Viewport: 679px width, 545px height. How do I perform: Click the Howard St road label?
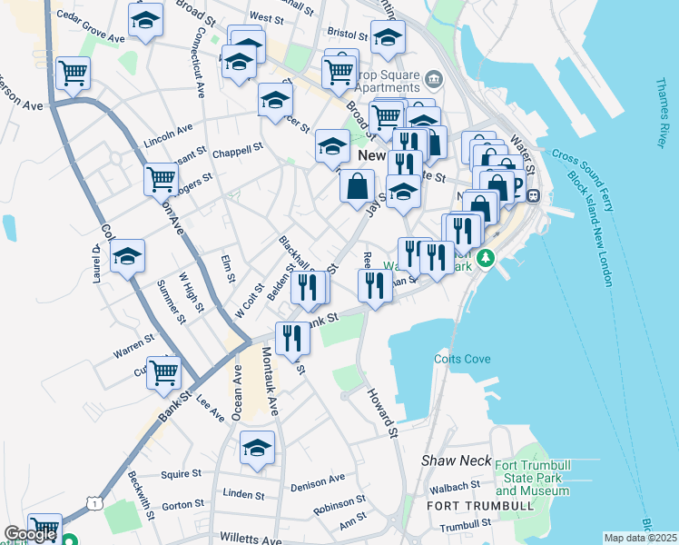(x=383, y=411)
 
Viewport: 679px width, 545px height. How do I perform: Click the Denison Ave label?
(x=318, y=482)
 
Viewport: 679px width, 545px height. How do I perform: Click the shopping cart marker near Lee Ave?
(x=164, y=371)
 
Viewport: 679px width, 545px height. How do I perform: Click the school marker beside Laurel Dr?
(x=128, y=257)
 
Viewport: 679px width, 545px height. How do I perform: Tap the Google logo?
(x=30, y=534)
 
